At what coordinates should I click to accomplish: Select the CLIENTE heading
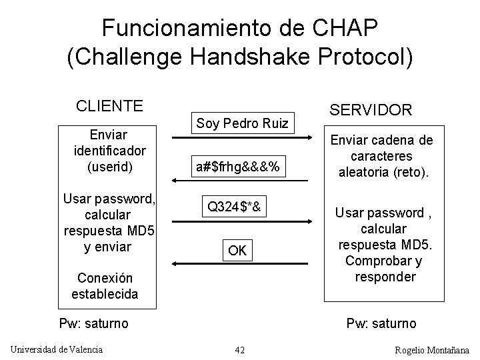[109, 106]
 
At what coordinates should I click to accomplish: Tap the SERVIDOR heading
[371, 109]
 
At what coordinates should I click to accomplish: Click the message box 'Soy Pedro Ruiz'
[242, 123]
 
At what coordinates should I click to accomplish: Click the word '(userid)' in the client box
[109, 166]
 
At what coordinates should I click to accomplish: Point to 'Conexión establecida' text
[105, 285]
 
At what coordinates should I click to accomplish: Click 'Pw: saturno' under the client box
[93, 324]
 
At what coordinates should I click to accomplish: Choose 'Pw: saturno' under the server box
[381, 324]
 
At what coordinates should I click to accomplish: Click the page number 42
[240, 350]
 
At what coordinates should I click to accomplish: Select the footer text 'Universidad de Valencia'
[57, 349]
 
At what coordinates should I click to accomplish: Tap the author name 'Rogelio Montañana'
[432, 350]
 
